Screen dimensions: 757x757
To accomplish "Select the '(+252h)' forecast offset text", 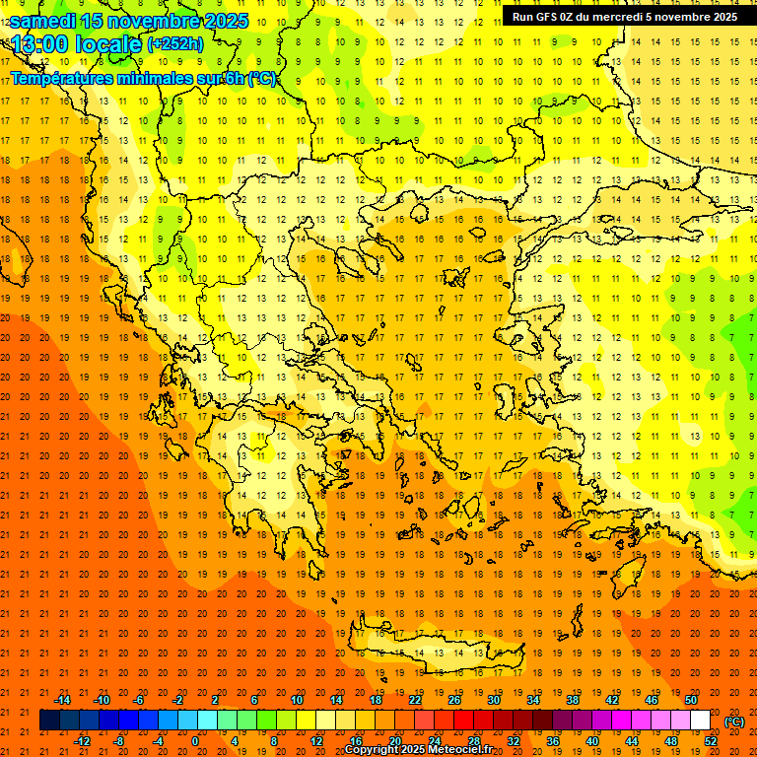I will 174,43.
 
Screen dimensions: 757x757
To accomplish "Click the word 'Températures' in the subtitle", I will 62,78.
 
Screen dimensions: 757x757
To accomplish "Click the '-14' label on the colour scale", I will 62,700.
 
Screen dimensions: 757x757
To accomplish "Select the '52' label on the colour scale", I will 711,740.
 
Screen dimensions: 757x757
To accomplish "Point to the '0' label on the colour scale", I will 196,740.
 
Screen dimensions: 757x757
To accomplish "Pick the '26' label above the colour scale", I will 454,700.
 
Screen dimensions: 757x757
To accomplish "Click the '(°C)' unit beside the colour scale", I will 734,722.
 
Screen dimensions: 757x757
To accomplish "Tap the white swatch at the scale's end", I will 701,721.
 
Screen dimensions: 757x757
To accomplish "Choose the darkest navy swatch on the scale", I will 49,721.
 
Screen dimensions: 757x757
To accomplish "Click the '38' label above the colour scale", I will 573,700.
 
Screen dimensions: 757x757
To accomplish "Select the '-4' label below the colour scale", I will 158,740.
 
